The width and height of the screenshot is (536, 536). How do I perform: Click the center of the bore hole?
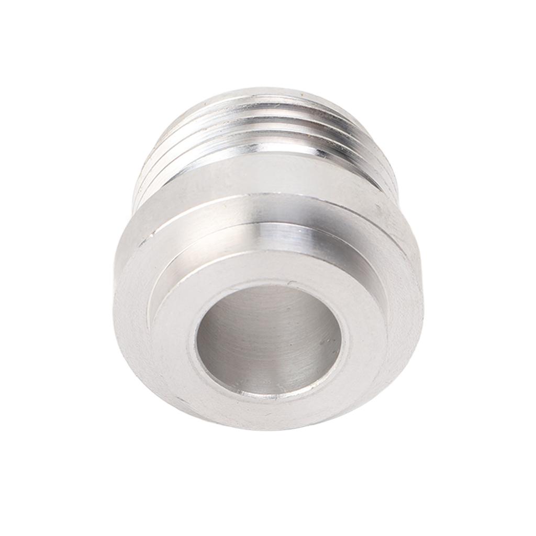point(269,340)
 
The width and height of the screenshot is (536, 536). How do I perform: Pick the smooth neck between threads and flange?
point(262,178)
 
